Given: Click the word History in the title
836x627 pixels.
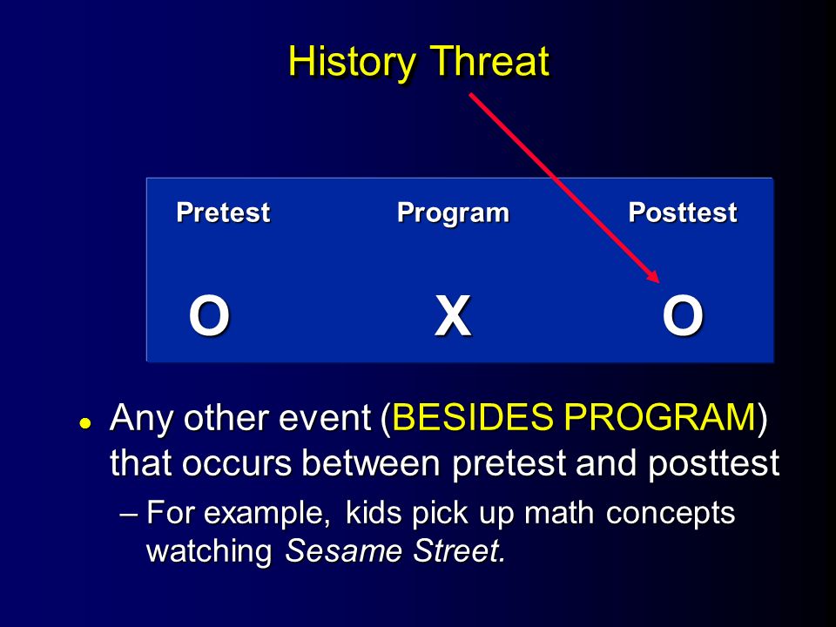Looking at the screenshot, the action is click(x=352, y=63).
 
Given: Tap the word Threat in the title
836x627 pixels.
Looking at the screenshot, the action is click(x=489, y=61).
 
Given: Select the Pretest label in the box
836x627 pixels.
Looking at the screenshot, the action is click(x=223, y=212).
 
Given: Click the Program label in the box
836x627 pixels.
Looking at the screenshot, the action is click(x=453, y=213).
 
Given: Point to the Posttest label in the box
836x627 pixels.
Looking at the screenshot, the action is click(x=683, y=212).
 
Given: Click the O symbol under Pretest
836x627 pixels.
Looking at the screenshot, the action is click(x=209, y=316).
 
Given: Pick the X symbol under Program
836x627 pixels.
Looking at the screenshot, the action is click(x=453, y=316).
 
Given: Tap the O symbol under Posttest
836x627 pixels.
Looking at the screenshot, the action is click(x=683, y=316).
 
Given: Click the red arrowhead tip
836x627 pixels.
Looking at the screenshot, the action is click(x=659, y=282).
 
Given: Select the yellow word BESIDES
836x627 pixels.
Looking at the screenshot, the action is click(x=472, y=416).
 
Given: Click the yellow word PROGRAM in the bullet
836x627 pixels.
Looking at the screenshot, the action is click(x=660, y=416).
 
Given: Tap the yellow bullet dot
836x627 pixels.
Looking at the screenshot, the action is click(x=84, y=423).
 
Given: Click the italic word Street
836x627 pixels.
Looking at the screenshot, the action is click(x=459, y=550).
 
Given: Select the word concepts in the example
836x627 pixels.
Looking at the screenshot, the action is click(x=671, y=515).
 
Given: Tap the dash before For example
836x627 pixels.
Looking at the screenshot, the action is click(x=129, y=515).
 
